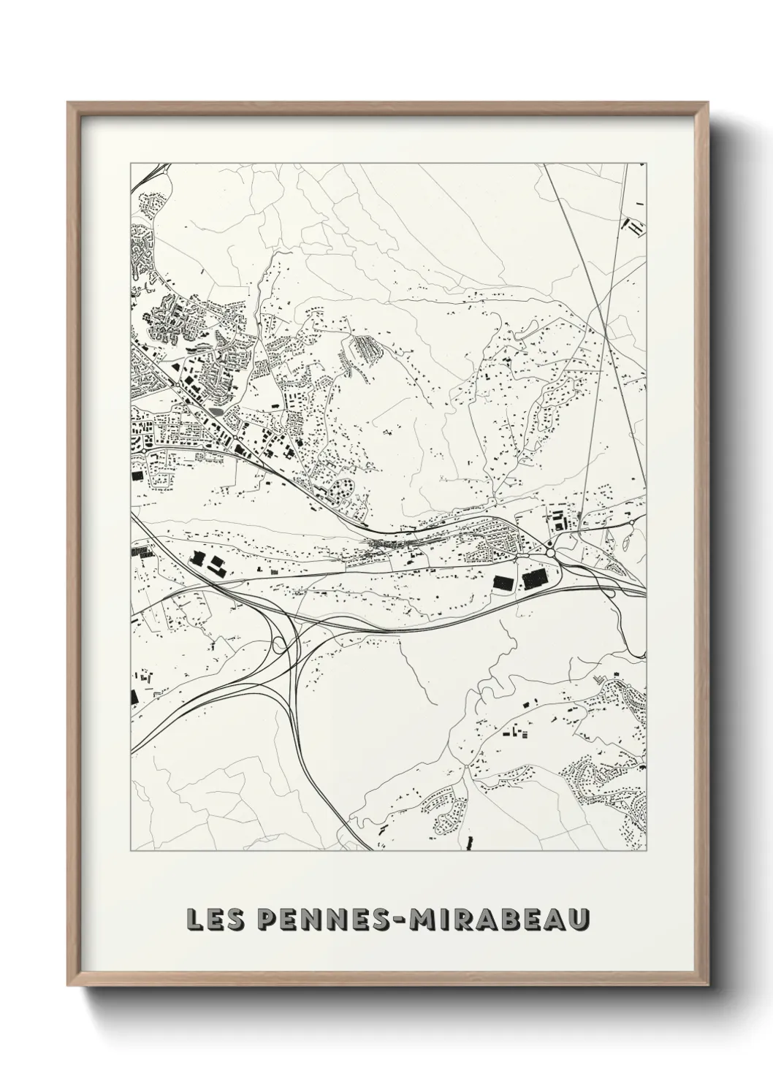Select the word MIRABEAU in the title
click(x=499, y=919)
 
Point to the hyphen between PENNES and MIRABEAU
click(x=400, y=920)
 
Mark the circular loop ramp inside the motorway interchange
click(x=278, y=644)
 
